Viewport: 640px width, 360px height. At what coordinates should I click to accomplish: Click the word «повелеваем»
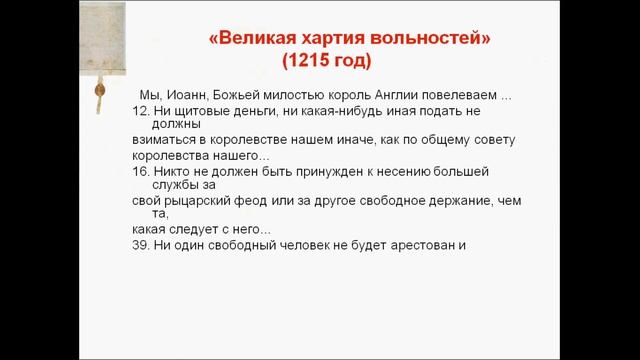(465, 95)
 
